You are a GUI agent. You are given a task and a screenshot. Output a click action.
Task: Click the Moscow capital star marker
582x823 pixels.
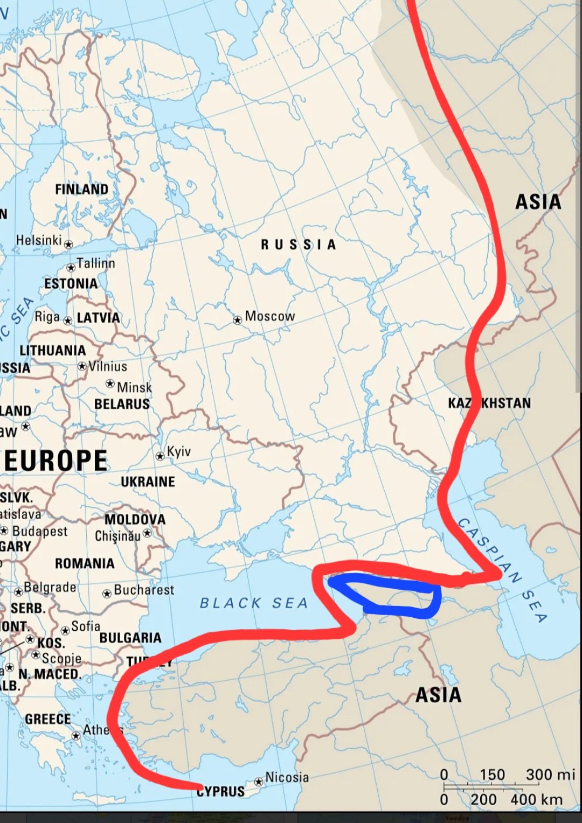[237, 320]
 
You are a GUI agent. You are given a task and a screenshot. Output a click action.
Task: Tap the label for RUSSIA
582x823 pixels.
[299, 245]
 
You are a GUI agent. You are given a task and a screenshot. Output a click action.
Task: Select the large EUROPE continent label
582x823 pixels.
[56, 461]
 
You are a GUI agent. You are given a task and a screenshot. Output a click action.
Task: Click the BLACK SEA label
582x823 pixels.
[253, 603]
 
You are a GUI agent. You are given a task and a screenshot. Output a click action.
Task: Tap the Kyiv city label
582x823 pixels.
[179, 451]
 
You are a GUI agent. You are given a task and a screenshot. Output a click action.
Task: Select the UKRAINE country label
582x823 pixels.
[148, 482]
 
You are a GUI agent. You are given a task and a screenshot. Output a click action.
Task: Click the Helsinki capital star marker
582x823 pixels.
[68, 245]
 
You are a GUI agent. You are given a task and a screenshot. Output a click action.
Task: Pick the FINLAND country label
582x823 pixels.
[81, 190]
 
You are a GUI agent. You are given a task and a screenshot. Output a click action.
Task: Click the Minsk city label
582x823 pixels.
[134, 387]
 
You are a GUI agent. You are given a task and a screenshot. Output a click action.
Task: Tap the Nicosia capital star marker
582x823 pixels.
[259, 781]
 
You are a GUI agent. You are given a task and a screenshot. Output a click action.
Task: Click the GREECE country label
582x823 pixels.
[48, 720]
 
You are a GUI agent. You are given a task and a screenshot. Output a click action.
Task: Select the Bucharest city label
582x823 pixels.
[144, 590]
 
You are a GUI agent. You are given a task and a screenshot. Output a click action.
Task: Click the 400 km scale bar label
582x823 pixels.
[536, 799]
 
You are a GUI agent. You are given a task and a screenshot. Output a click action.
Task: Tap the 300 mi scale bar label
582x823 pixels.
[550, 775]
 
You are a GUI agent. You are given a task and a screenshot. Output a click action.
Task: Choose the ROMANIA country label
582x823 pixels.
[85, 563]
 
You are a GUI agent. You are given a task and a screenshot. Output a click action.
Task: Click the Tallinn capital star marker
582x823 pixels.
[71, 268]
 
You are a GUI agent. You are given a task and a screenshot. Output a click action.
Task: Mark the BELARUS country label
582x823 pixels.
[122, 404]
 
